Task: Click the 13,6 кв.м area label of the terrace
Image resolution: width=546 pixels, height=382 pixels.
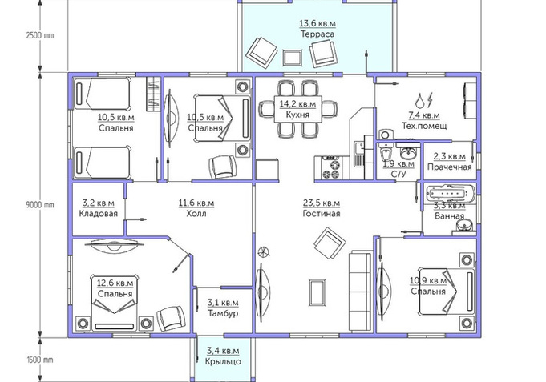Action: [x=317, y=24]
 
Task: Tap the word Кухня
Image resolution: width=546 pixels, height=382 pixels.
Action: [x=297, y=115]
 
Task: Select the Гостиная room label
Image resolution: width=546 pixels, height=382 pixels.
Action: [x=321, y=213]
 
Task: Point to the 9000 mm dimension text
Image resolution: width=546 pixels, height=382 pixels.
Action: [x=40, y=204]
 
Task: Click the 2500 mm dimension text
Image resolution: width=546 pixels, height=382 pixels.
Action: [x=40, y=35]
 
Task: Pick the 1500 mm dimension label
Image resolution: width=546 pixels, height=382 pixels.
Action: [x=40, y=360]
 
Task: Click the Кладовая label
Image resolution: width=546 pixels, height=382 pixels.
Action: [x=98, y=213]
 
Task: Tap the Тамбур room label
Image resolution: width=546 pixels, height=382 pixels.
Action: [x=223, y=313]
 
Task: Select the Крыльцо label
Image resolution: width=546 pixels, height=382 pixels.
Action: [x=223, y=361]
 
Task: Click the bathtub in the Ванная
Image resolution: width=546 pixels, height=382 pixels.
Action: [x=450, y=194]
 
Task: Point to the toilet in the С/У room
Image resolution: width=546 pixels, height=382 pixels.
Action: [x=386, y=152]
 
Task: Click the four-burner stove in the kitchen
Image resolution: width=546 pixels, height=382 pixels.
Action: [x=332, y=169]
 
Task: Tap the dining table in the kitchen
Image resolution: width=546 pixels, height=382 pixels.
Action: [x=297, y=109]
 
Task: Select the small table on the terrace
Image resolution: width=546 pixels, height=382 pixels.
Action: [x=293, y=58]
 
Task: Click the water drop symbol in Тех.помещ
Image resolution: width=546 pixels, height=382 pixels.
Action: [x=420, y=101]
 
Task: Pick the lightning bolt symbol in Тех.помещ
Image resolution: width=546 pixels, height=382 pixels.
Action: [x=430, y=99]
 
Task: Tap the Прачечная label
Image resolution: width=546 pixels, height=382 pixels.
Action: [x=450, y=167]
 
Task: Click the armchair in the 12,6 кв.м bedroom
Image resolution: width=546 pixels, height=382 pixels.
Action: [x=171, y=318]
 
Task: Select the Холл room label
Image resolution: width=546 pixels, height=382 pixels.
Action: [x=196, y=213]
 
